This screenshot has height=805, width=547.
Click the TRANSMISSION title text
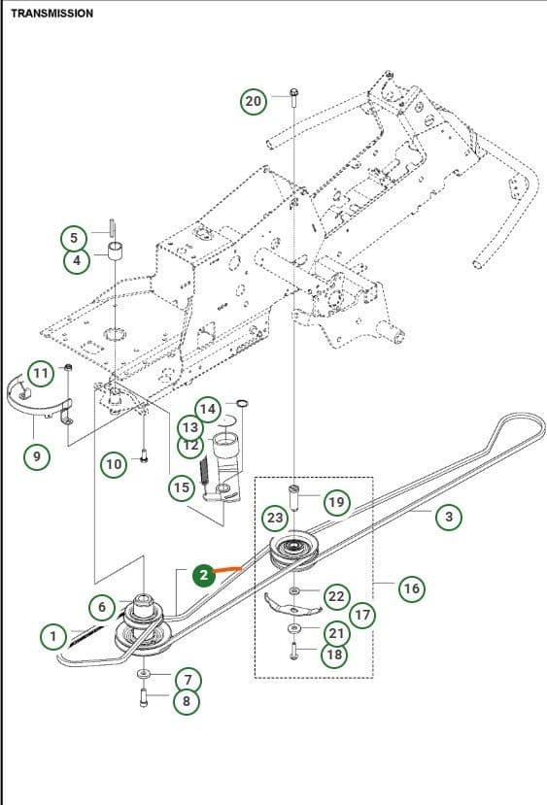pos(51,14)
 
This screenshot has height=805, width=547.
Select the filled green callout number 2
pos(203,575)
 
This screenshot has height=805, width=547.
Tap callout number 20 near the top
pos(253,101)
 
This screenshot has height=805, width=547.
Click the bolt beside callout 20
pos(292,94)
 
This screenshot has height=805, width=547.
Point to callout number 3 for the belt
pos(448,517)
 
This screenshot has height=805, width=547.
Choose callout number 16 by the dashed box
pos(411,587)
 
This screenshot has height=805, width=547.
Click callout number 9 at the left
pos(37,456)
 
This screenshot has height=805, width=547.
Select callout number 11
pos(40,373)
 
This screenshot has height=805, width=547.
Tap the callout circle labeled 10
pos(114,463)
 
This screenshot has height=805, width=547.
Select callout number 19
pos(335,502)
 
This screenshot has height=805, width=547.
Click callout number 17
pos(362,615)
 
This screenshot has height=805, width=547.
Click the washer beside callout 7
pos(144,673)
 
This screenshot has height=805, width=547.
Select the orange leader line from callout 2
pos(228,568)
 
